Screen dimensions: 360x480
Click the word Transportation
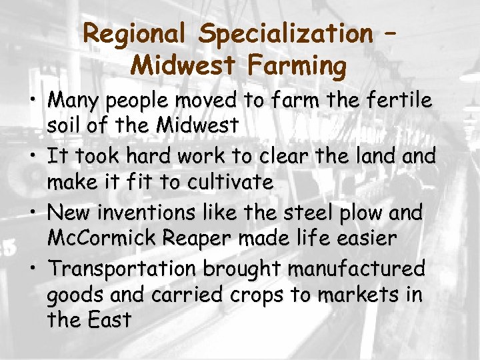point(123,269)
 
